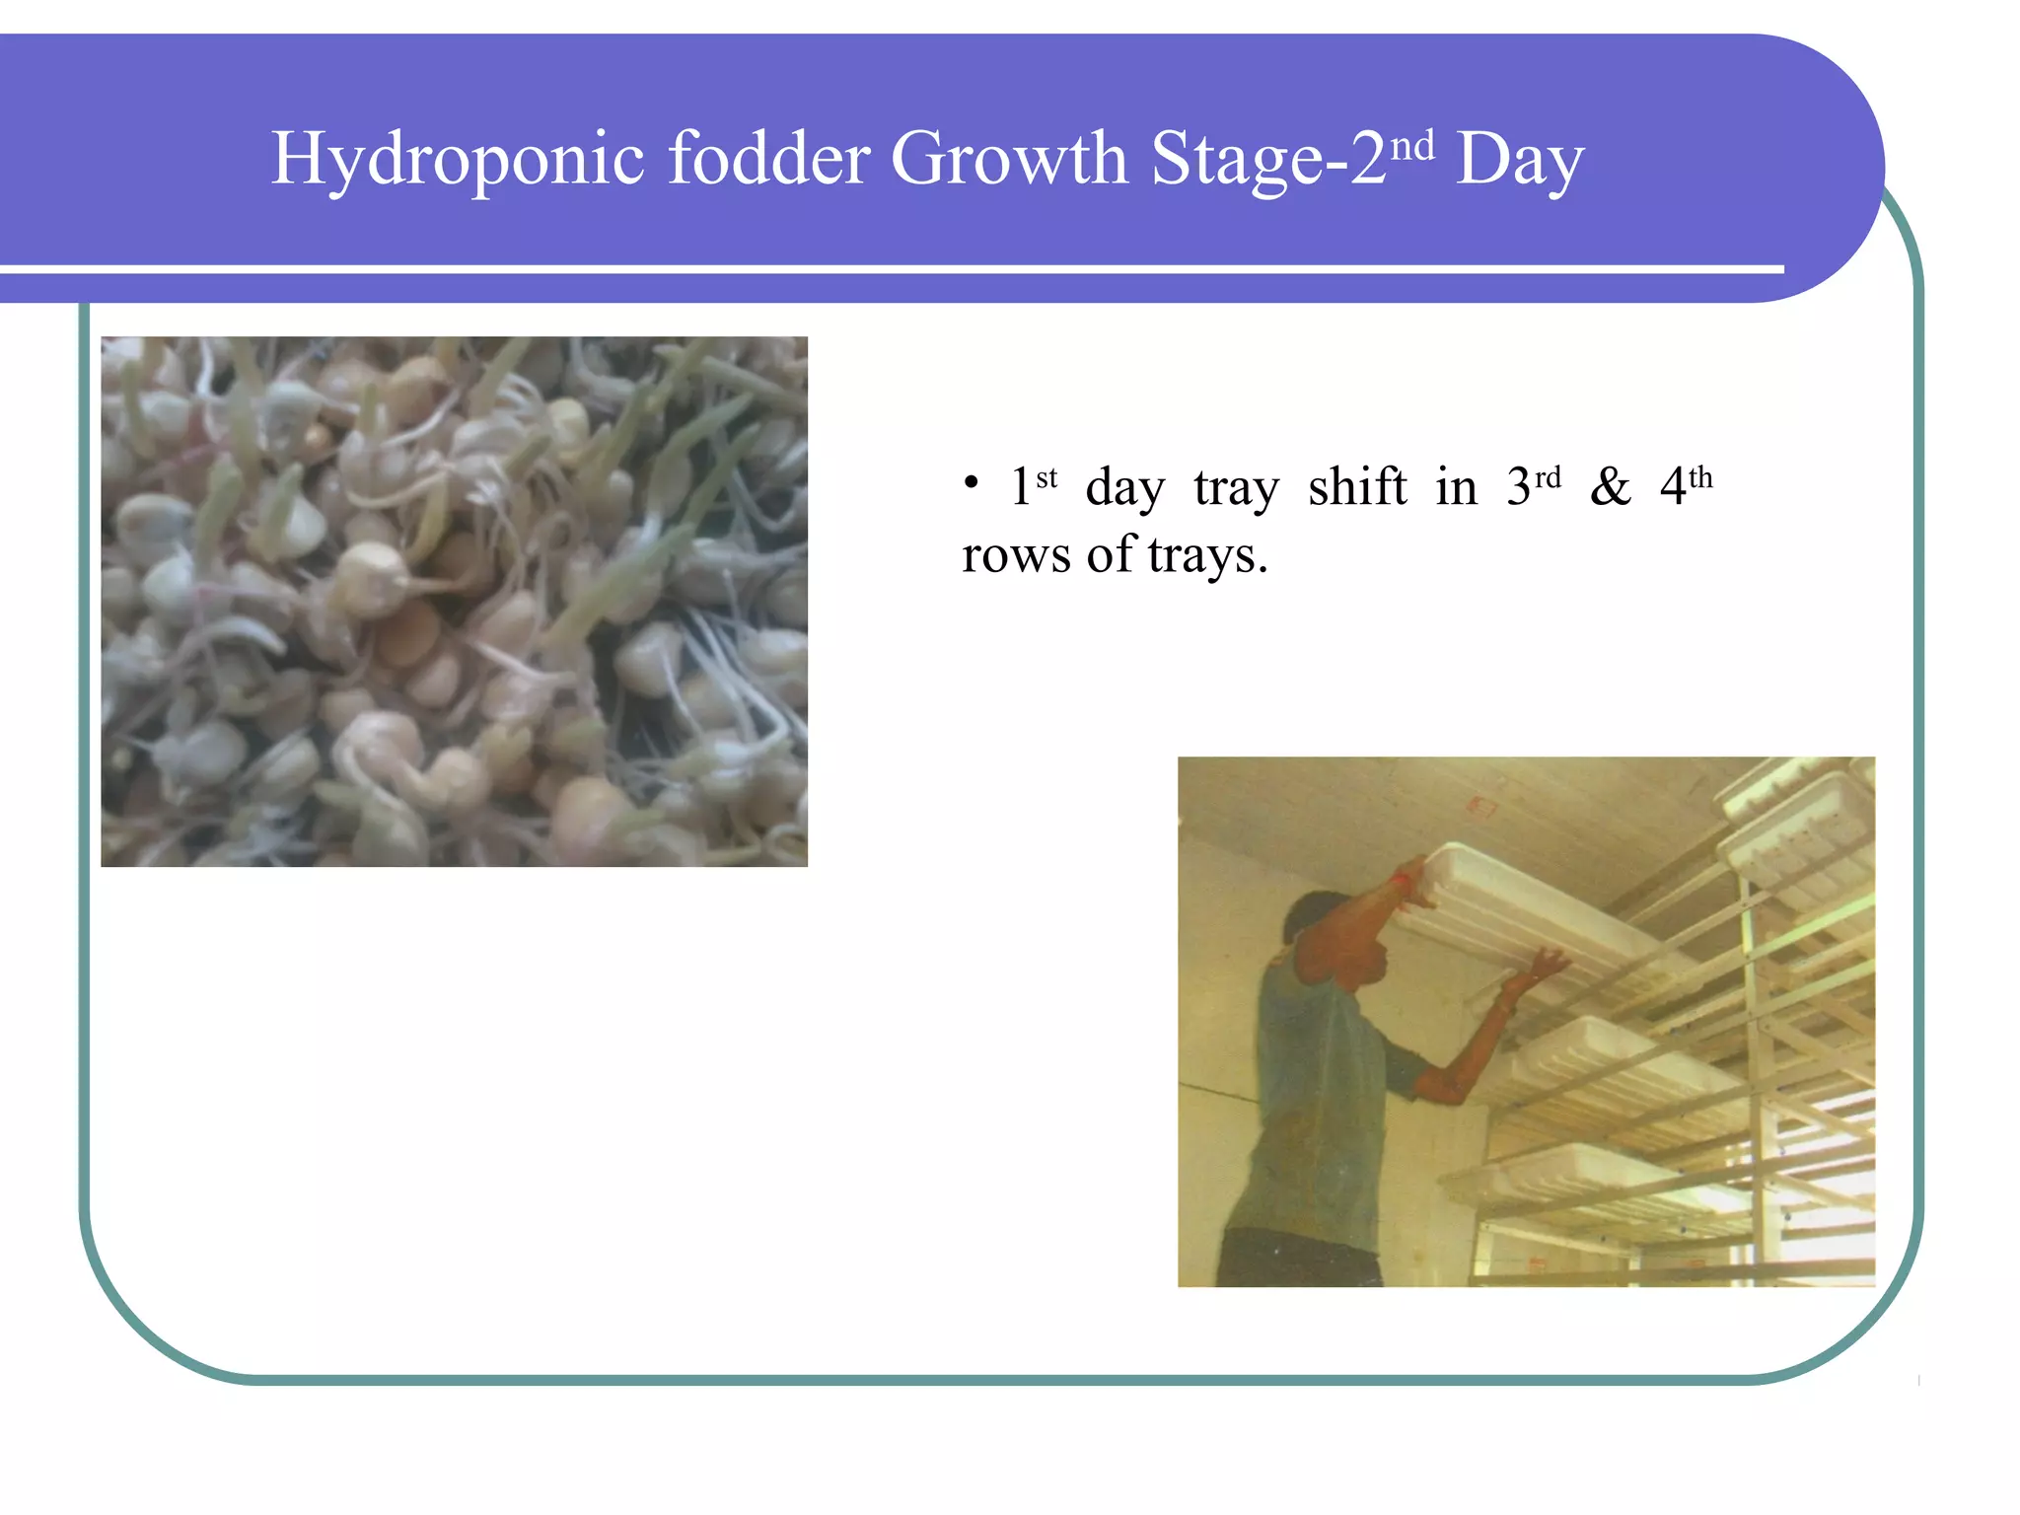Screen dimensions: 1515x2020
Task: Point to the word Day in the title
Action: (x=1519, y=160)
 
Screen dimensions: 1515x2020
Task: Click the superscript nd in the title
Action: (x=1411, y=146)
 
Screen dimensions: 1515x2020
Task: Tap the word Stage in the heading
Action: (x=1237, y=160)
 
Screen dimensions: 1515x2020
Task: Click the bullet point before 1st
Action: (x=972, y=484)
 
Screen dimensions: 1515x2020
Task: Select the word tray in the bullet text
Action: (x=1236, y=488)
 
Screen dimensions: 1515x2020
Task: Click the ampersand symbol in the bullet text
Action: (x=1610, y=485)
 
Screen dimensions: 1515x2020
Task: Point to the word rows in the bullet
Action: (x=1016, y=555)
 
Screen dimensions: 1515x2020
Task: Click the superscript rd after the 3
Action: (x=1548, y=477)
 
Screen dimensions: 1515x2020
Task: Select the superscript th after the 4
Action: (x=1700, y=477)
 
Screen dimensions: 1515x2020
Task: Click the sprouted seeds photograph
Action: (x=454, y=602)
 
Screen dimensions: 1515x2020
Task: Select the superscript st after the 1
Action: (x=1046, y=477)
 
